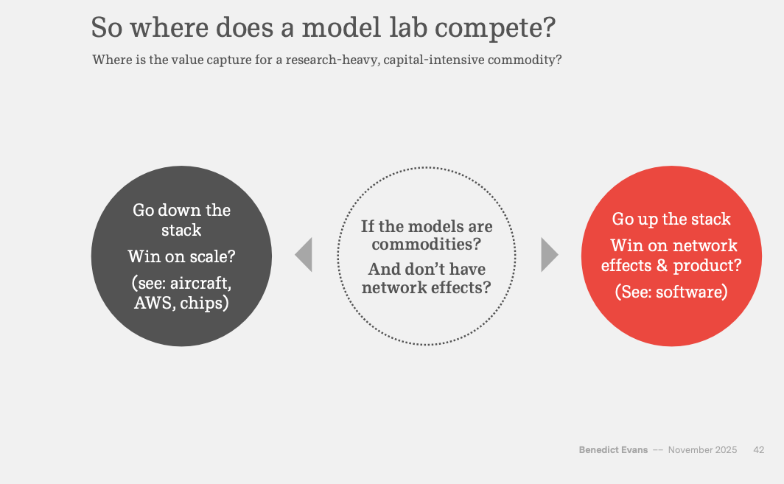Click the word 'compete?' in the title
[x=495, y=28]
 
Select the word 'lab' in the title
[x=408, y=27]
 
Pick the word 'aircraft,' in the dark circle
[x=200, y=283]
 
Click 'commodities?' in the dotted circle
[x=426, y=245]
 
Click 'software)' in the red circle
[x=691, y=292]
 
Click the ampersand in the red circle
[x=662, y=265]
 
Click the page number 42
[x=758, y=450]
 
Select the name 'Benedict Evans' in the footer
[x=613, y=450]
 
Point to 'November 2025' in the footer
[x=702, y=450]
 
